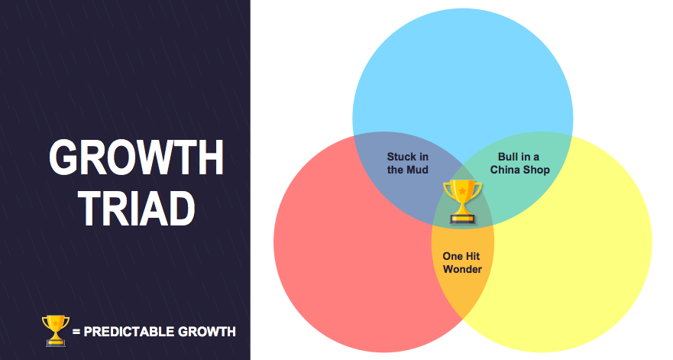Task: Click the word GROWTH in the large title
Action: [x=137, y=157]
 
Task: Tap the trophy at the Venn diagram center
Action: [x=462, y=202]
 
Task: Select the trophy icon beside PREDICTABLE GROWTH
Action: [x=55, y=330]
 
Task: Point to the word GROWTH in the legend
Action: [x=207, y=332]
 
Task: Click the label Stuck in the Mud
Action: [x=408, y=164]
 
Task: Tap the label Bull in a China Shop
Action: [x=519, y=164]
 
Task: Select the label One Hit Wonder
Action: [x=462, y=262]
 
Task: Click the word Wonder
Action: [x=462, y=269]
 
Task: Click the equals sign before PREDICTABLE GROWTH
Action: [x=76, y=332]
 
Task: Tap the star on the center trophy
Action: [x=462, y=190]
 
